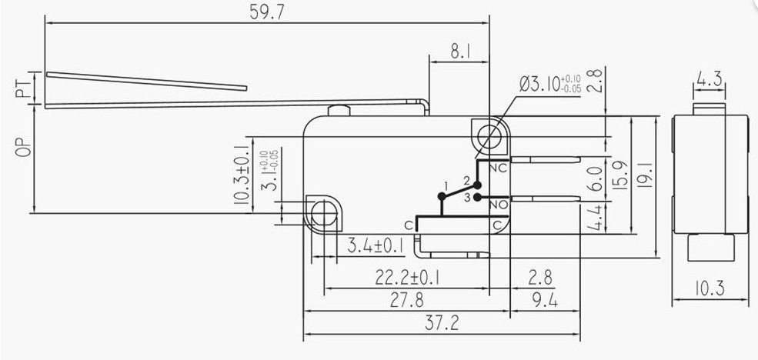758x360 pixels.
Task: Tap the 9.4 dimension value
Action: [x=544, y=300]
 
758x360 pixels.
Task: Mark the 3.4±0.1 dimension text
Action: [x=373, y=246]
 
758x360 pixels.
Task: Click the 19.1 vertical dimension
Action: [x=646, y=176]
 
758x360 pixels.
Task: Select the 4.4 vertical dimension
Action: [x=594, y=218]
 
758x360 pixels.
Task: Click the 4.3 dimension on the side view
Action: [x=709, y=78]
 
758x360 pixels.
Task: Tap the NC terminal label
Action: [x=497, y=167]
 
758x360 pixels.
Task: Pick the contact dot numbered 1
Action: [x=441, y=197]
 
